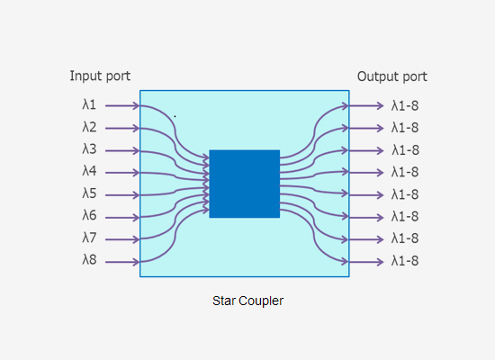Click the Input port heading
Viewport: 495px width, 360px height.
pyautogui.click(x=106, y=76)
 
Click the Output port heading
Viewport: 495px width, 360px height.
pyautogui.click(x=391, y=76)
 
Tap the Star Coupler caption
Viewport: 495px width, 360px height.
pyautogui.click(x=247, y=301)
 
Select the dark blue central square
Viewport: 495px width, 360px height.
pyautogui.click(x=244, y=184)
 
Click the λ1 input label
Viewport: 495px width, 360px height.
pyautogui.click(x=89, y=105)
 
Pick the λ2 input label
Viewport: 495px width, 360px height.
pyautogui.click(x=89, y=128)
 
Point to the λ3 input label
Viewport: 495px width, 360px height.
pyautogui.click(x=89, y=149)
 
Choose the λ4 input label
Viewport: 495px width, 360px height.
pyautogui.click(x=89, y=171)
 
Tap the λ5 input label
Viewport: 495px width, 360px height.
pyautogui.click(x=89, y=193)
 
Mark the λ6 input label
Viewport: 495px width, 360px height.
pyautogui.click(x=89, y=216)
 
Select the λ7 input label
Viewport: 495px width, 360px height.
pyautogui.click(x=89, y=238)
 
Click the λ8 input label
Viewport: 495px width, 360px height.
pyautogui.click(x=89, y=260)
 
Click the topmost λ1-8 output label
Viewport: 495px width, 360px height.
pyautogui.click(x=405, y=105)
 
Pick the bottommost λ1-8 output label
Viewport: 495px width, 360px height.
pyautogui.click(x=405, y=261)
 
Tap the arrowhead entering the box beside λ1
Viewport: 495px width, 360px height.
pyautogui.click(x=135, y=105)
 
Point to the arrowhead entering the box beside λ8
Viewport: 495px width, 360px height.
pyautogui.click(x=135, y=261)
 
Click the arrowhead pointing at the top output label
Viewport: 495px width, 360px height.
pyautogui.click(x=380, y=105)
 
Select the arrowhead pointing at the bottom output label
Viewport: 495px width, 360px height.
pyautogui.click(x=380, y=261)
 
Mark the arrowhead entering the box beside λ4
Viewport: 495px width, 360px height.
pyautogui.click(x=135, y=172)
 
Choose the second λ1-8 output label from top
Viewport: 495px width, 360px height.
pyautogui.click(x=405, y=128)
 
